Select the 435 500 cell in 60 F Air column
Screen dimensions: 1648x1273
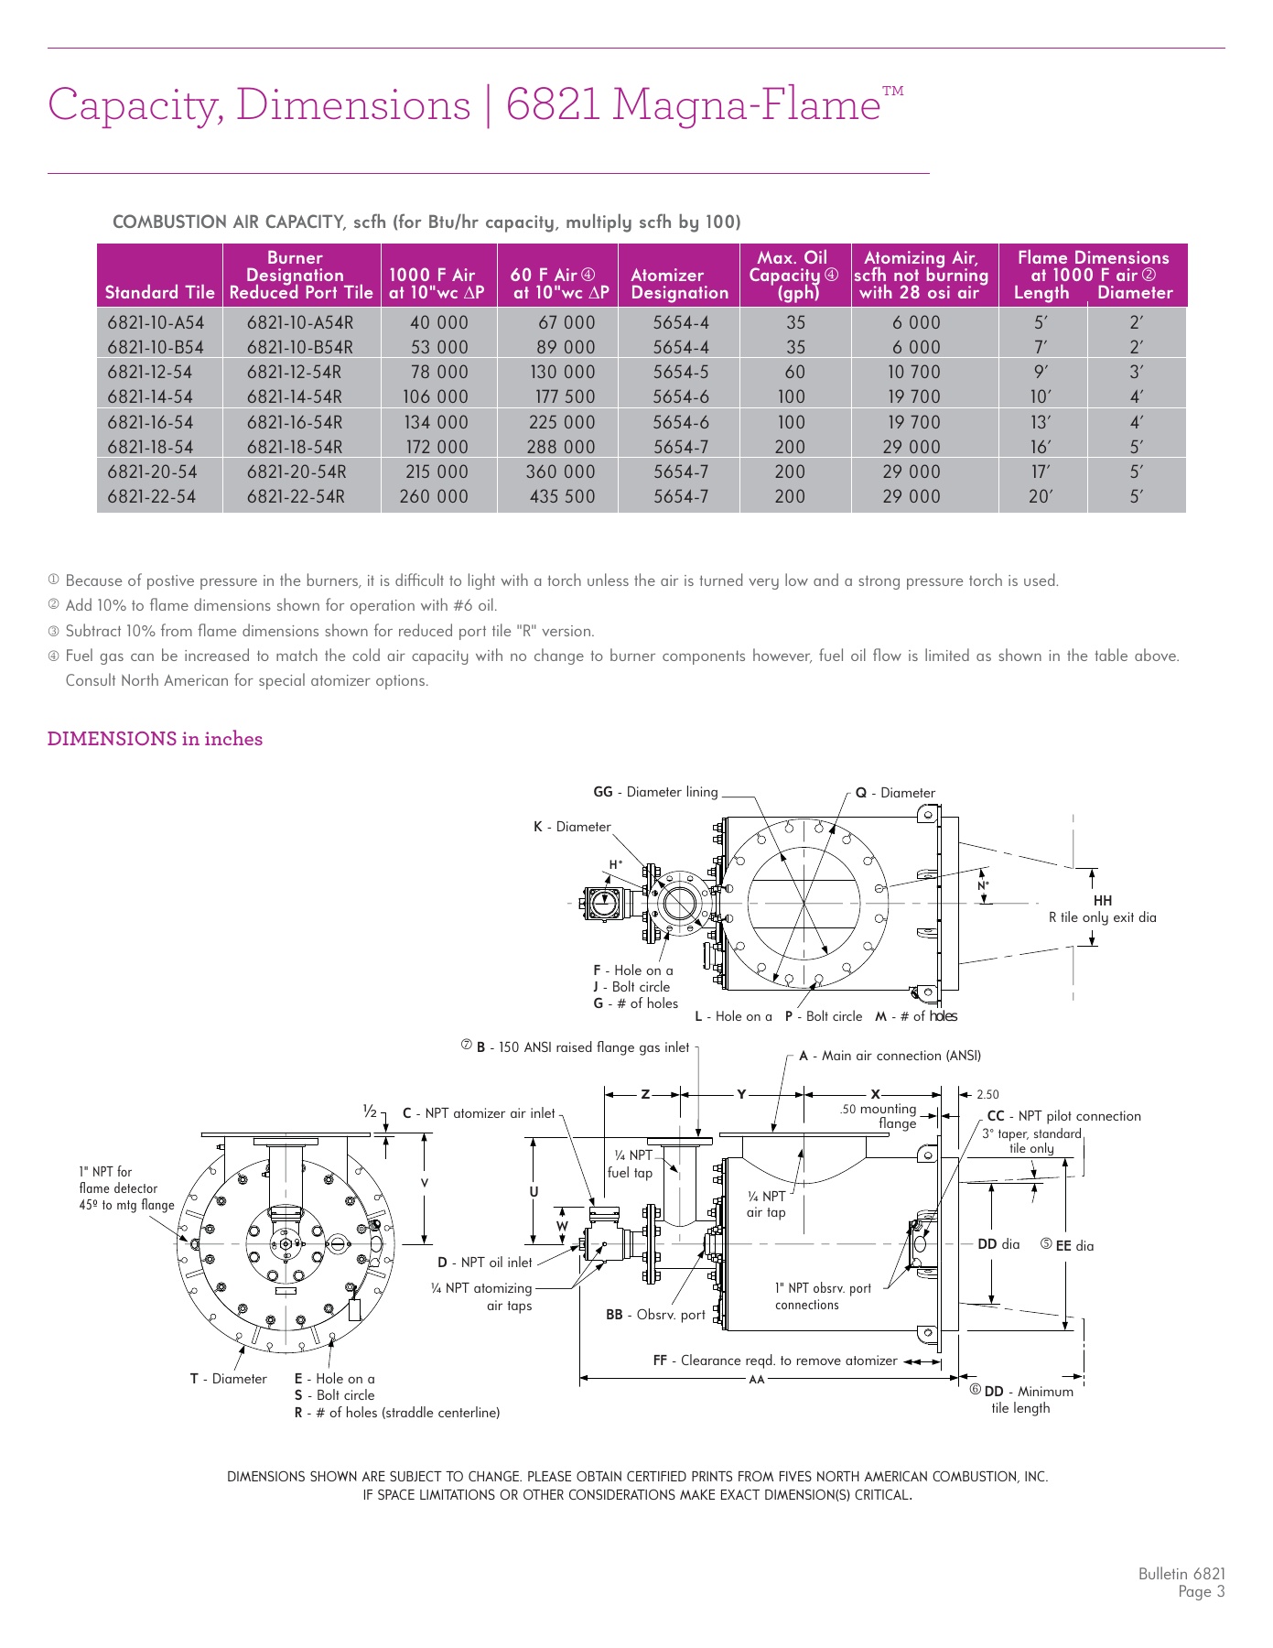click(x=562, y=497)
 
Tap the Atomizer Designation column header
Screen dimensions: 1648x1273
click(x=679, y=284)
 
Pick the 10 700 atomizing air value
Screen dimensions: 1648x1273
click(x=913, y=373)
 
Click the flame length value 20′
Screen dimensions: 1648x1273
click(x=1041, y=497)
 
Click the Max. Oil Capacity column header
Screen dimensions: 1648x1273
click(x=793, y=275)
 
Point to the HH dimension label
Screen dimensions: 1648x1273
click(x=1102, y=901)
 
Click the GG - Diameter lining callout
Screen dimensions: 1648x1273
click(x=655, y=792)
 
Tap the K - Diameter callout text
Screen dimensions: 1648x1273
click(x=572, y=827)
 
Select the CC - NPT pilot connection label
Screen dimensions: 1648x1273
click(x=1063, y=1116)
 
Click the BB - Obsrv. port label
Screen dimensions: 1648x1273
click(x=655, y=1315)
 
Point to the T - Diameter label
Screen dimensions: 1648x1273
click(x=229, y=1379)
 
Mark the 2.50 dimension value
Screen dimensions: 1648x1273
click(x=987, y=1094)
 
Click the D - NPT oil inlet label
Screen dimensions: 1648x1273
click(x=484, y=1263)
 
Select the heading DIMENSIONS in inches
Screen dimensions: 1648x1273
click(x=155, y=739)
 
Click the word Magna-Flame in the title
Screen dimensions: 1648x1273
click(x=746, y=103)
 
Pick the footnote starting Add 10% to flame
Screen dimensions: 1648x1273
click(x=280, y=605)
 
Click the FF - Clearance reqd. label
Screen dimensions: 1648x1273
click(x=774, y=1361)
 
